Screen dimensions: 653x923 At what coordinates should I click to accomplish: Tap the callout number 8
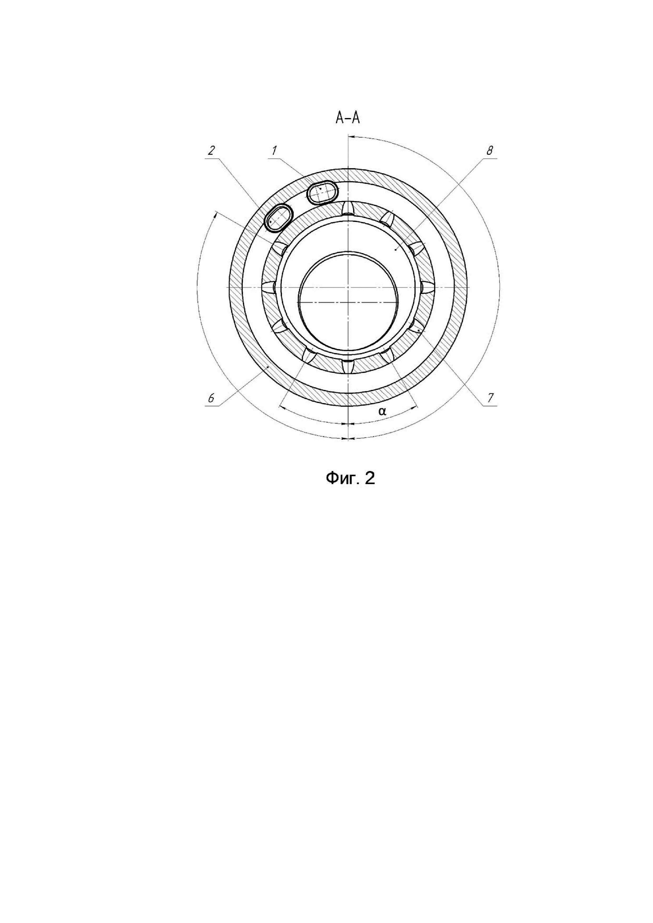[489, 151]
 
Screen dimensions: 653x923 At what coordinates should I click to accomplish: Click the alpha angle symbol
[382, 411]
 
